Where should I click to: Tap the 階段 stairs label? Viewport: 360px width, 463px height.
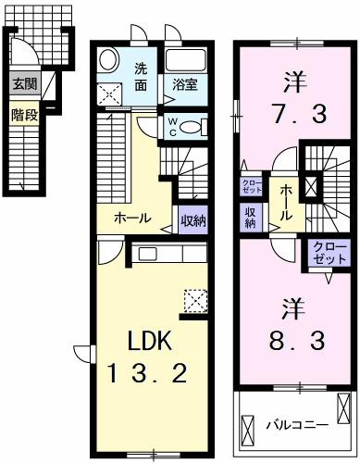coord(24,116)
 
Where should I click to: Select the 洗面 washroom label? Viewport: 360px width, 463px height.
coord(141,76)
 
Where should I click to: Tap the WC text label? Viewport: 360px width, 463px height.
coord(172,127)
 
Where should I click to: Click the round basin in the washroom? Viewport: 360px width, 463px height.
coord(108,59)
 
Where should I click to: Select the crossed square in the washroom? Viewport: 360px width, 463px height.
coord(110,92)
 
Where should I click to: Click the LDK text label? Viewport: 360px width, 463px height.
coord(144,340)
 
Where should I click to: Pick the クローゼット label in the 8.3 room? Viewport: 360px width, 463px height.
coord(323,255)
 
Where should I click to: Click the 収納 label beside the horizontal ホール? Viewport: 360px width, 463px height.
coord(192,220)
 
